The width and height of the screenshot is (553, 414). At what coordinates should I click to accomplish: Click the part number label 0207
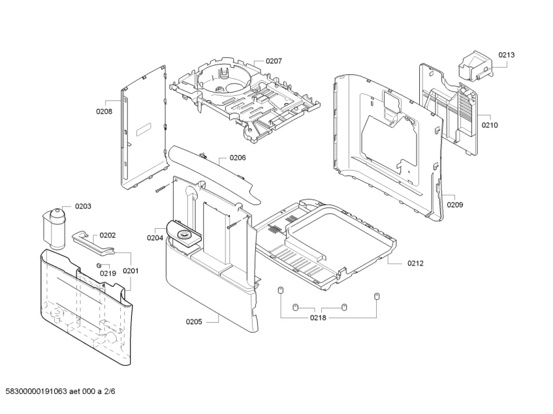click(274, 61)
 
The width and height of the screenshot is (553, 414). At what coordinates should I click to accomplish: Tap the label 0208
click(104, 111)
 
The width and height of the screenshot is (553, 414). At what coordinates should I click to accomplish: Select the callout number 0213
click(507, 55)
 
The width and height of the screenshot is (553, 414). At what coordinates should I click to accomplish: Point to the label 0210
click(490, 125)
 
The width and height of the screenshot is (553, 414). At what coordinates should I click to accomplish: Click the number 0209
click(454, 205)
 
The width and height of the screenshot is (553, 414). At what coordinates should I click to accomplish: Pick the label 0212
click(415, 263)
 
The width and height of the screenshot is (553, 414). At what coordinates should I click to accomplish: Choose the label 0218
click(319, 318)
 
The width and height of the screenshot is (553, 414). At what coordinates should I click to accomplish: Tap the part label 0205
click(194, 321)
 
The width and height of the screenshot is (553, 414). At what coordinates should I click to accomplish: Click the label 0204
click(155, 238)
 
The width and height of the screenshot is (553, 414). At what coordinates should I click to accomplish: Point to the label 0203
click(83, 206)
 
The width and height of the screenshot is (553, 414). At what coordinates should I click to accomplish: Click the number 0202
click(107, 235)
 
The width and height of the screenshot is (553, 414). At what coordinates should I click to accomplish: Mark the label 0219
click(108, 273)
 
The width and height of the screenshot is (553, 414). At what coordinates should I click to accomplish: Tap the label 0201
click(131, 271)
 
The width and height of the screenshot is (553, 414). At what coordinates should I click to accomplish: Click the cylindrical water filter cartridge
click(54, 227)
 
